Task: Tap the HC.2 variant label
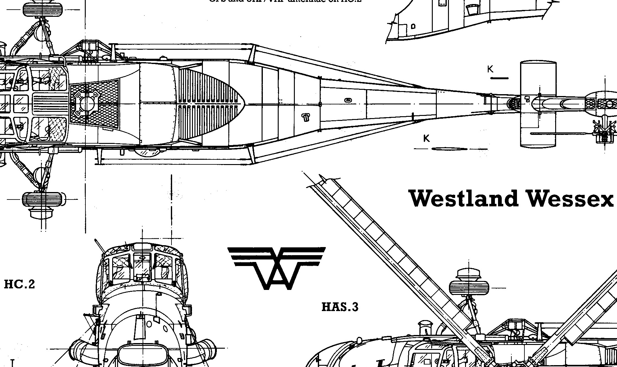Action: (x=19, y=284)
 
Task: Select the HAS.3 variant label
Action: (x=340, y=307)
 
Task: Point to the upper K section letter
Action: (x=490, y=69)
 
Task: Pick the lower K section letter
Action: (x=427, y=138)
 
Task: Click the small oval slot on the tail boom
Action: (x=348, y=100)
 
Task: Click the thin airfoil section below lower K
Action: (x=449, y=149)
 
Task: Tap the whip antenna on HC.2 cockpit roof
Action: (x=99, y=245)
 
